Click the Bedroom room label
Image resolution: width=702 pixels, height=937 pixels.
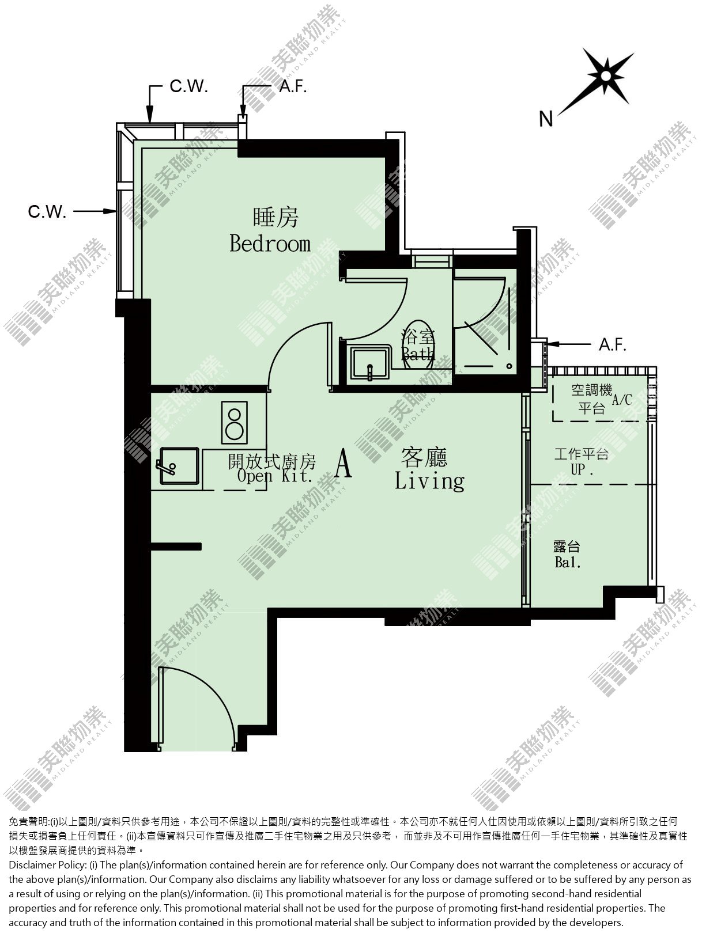point(270,244)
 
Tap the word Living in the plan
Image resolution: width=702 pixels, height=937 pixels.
point(429,481)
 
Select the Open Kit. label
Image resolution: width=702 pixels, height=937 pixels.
point(275,476)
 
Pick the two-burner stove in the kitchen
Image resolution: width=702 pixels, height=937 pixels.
point(234,422)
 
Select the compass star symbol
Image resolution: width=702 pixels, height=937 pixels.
point(606,77)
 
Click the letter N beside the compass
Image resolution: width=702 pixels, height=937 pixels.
point(546,119)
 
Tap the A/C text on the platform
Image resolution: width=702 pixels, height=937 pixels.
point(622,400)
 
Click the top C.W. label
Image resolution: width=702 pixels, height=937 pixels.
point(188,86)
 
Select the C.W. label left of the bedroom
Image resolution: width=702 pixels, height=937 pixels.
point(47,211)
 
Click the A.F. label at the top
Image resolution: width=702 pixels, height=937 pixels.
point(293,86)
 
